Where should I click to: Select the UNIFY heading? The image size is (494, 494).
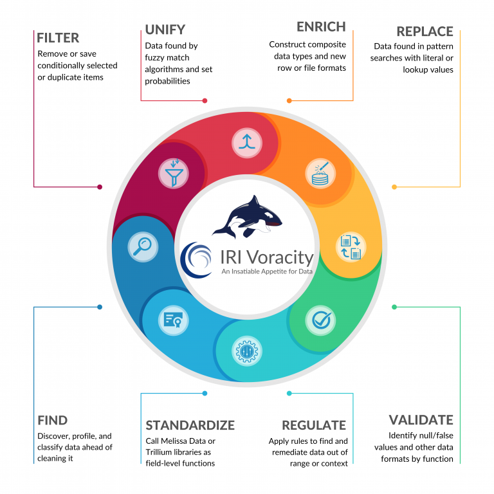[165, 29]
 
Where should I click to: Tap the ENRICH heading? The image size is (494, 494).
[321, 27]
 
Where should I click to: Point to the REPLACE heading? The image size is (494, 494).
[425, 32]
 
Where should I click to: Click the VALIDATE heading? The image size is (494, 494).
[421, 420]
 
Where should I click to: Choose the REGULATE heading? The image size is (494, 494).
[314, 425]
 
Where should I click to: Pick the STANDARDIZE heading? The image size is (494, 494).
[190, 425]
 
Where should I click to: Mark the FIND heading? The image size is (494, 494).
[53, 421]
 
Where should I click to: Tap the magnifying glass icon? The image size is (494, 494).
[143, 246]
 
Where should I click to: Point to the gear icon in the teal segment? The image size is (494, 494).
[247, 351]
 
